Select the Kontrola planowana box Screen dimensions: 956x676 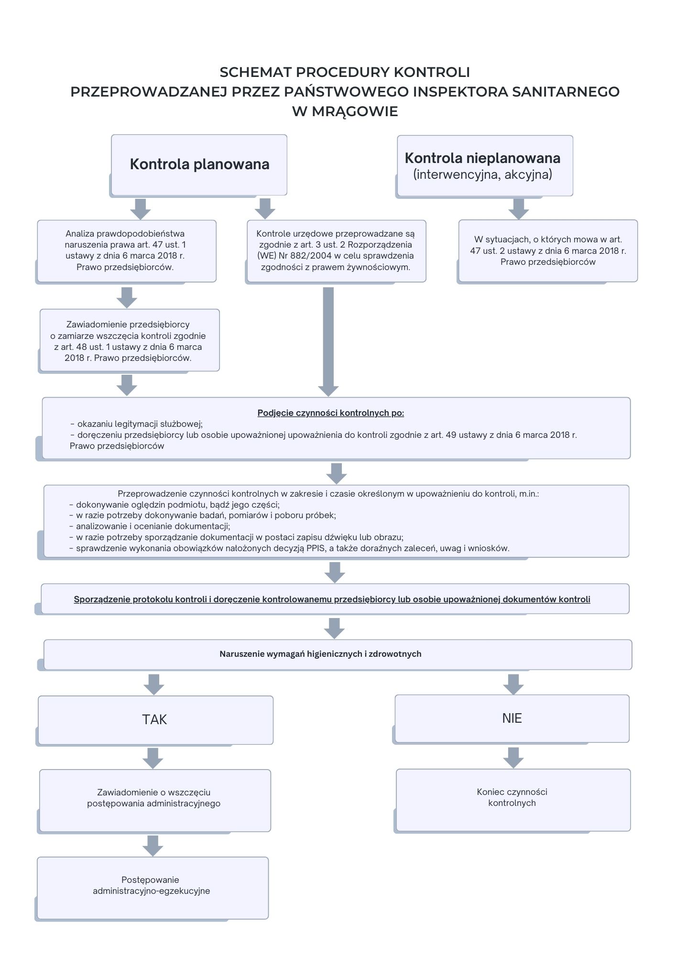pos(199,164)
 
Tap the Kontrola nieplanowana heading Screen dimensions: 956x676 pos(482,158)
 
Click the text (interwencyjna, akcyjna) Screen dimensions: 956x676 pos(482,174)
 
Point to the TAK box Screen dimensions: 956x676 pos(155,720)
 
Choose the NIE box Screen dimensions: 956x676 pos(512,718)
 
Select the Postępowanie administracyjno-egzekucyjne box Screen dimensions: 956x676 pos(152,886)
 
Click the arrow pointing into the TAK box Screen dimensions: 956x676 pos(154,684)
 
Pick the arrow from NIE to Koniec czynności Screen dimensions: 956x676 pos(513,757)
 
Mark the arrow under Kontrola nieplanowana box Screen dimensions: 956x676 pos(518,208)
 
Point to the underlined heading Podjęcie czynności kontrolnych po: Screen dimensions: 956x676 pos(331,413)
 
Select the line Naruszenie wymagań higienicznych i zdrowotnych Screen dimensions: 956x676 pos(320,654)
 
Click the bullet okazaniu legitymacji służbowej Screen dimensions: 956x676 pos(140,424)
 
